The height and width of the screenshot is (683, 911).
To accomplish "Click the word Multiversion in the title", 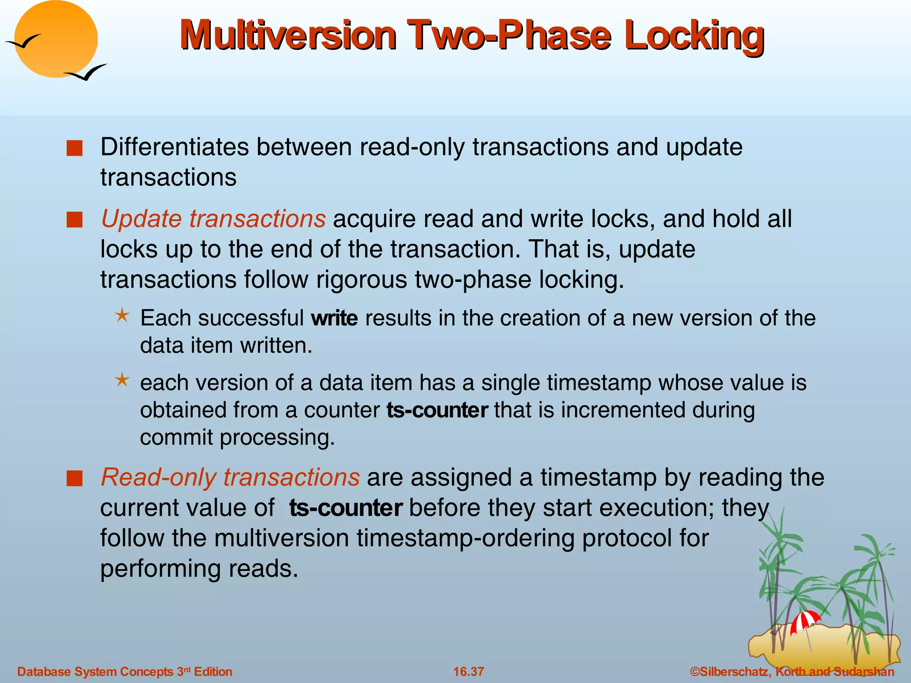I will pos(288,35).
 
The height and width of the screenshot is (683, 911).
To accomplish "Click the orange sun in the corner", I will pos(56,39).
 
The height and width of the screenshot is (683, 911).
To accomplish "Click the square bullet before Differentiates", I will pos(74,148).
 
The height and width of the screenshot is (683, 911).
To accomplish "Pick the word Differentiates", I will pos(174,147).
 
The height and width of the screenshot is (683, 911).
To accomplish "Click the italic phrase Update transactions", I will pos(213,219).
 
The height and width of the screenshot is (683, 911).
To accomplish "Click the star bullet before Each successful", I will pos(122,316).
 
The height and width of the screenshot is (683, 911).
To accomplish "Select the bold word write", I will pos(335,318).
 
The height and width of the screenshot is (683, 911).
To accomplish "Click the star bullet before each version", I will pos(122,380).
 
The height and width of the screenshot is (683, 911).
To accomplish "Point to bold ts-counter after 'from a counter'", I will pos(437,410).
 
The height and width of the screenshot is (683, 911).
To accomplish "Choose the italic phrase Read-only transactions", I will pos(230,477).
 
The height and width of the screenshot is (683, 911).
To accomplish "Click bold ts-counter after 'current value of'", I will pos(346,507).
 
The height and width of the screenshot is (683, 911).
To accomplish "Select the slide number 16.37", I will pos(468,671).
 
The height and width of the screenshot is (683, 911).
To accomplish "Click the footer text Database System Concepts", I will pos(95,671).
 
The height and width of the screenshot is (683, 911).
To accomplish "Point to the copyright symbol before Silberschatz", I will pos(695,671).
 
